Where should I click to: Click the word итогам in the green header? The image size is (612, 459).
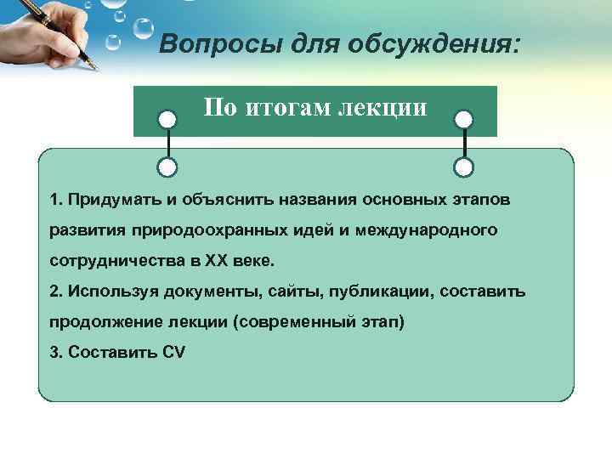(286, 108)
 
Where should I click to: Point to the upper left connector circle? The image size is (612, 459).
(169, 119)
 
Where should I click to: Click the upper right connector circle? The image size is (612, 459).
(463, 119)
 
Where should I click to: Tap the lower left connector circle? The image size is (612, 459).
(169, 166)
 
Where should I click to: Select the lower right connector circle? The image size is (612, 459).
(463, 166)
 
